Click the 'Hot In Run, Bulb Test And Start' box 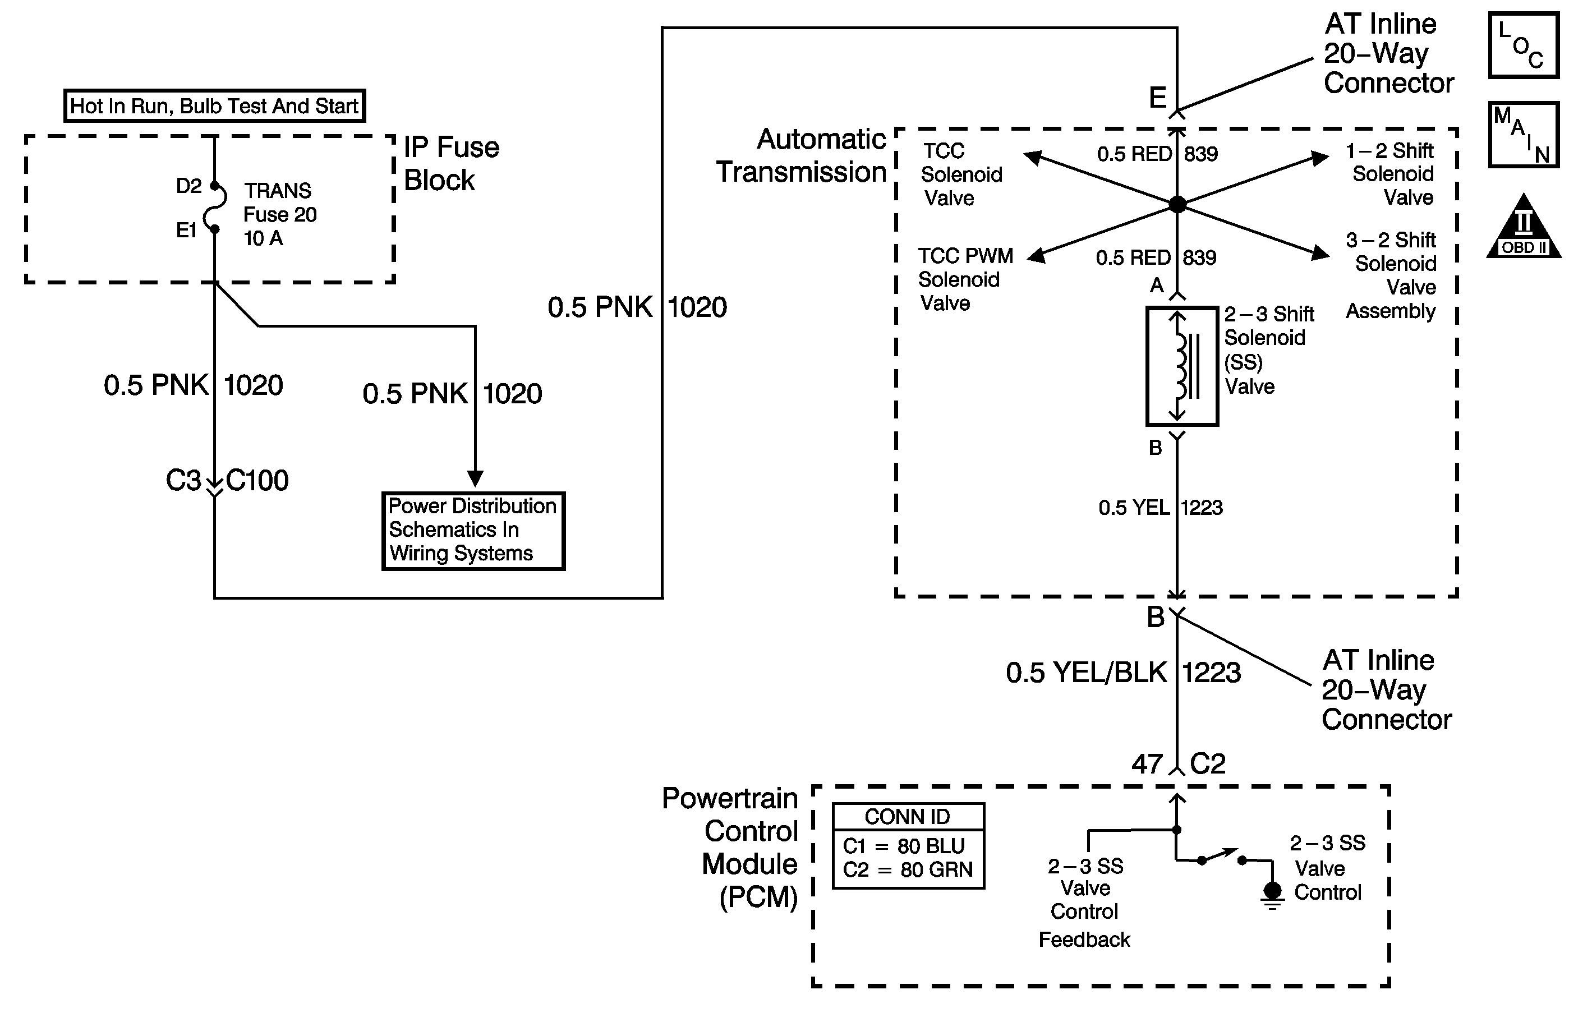[214, 105]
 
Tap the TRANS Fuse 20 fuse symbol [215, 208]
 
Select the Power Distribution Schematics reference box [473, 530]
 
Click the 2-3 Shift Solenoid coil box [1181, 366]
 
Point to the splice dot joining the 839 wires [1177, 204]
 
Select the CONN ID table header [908, 817]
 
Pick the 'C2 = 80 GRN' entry [908, 869]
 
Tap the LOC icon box [1524, 45]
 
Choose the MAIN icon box [1524, 135]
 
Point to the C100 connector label [257, 481]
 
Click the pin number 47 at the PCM [1147, 764]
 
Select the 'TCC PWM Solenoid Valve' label [965, 279]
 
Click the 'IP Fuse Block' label [452, 163]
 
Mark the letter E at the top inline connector [1158, 98]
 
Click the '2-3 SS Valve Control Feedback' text [1085, 902]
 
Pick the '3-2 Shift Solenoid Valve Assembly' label [1391, 275]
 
